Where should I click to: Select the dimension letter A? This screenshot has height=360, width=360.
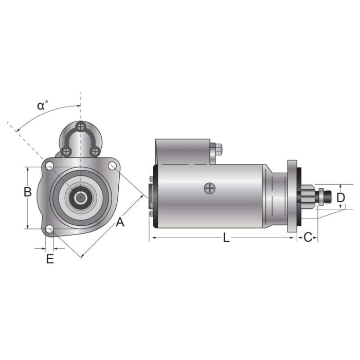point(120,222)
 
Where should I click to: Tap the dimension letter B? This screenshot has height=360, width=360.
point(28,192)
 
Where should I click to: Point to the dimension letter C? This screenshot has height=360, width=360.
point(308,237)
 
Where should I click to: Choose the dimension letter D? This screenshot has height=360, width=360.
point(340,197)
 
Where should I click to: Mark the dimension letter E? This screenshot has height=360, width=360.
point(49,259)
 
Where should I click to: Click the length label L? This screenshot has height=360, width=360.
point(226,237)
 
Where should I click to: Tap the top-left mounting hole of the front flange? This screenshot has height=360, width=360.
point(49,166)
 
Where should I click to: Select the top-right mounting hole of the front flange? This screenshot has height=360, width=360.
point(113,166)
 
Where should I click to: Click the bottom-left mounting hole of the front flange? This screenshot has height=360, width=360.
point(49,230)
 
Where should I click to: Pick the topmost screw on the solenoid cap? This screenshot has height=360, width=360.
point(81,126)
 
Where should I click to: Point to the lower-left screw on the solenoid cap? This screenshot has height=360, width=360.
point(66,151)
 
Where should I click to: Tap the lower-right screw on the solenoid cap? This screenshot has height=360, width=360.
point(95,151)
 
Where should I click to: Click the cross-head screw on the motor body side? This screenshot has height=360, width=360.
point(209,188)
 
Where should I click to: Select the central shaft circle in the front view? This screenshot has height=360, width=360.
point(81,197)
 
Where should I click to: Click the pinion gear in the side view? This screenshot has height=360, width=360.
point(308,196)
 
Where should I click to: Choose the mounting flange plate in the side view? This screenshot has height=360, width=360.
point(293,196)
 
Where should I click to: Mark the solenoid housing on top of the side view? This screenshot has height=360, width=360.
point(183,151)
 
